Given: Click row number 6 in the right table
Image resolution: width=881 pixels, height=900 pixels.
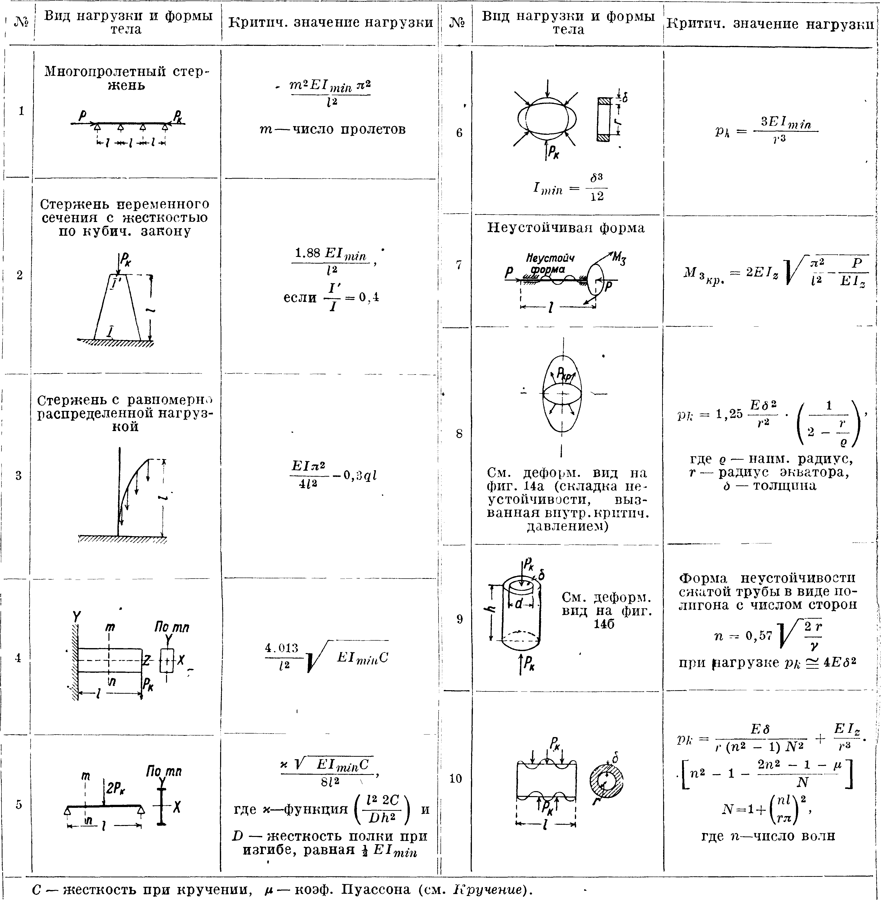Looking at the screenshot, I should (459, 133).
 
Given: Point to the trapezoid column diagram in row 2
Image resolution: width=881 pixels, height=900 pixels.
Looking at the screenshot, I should (117, 307).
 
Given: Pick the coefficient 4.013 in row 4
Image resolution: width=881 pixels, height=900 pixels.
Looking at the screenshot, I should (281, 648).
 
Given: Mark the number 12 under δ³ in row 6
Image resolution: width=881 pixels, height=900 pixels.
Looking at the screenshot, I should (597, 197).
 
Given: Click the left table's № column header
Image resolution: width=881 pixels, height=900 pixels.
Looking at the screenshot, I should (21, 22).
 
